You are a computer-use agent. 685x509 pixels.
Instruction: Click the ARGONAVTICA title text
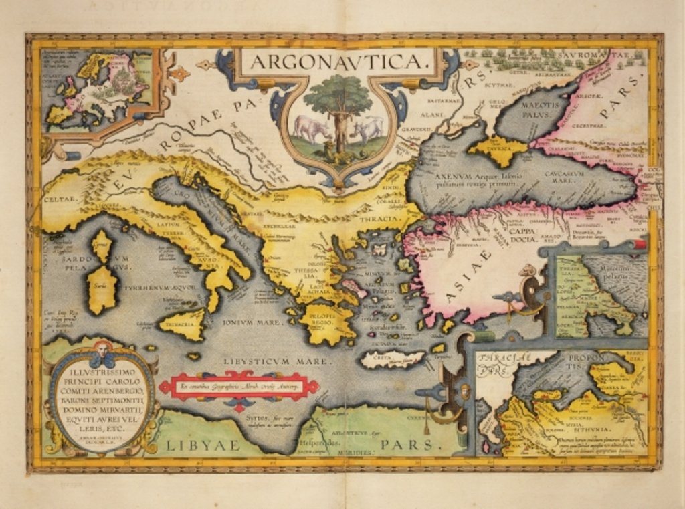(x=338, y=62)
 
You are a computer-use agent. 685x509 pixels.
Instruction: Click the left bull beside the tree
(x=311, y=129)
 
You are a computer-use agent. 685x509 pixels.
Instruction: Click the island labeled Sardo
(x=102, y=290)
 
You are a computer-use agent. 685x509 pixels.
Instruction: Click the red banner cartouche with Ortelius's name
(x=238, y=387)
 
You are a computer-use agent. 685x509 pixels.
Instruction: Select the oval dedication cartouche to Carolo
(x=102, y=399)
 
